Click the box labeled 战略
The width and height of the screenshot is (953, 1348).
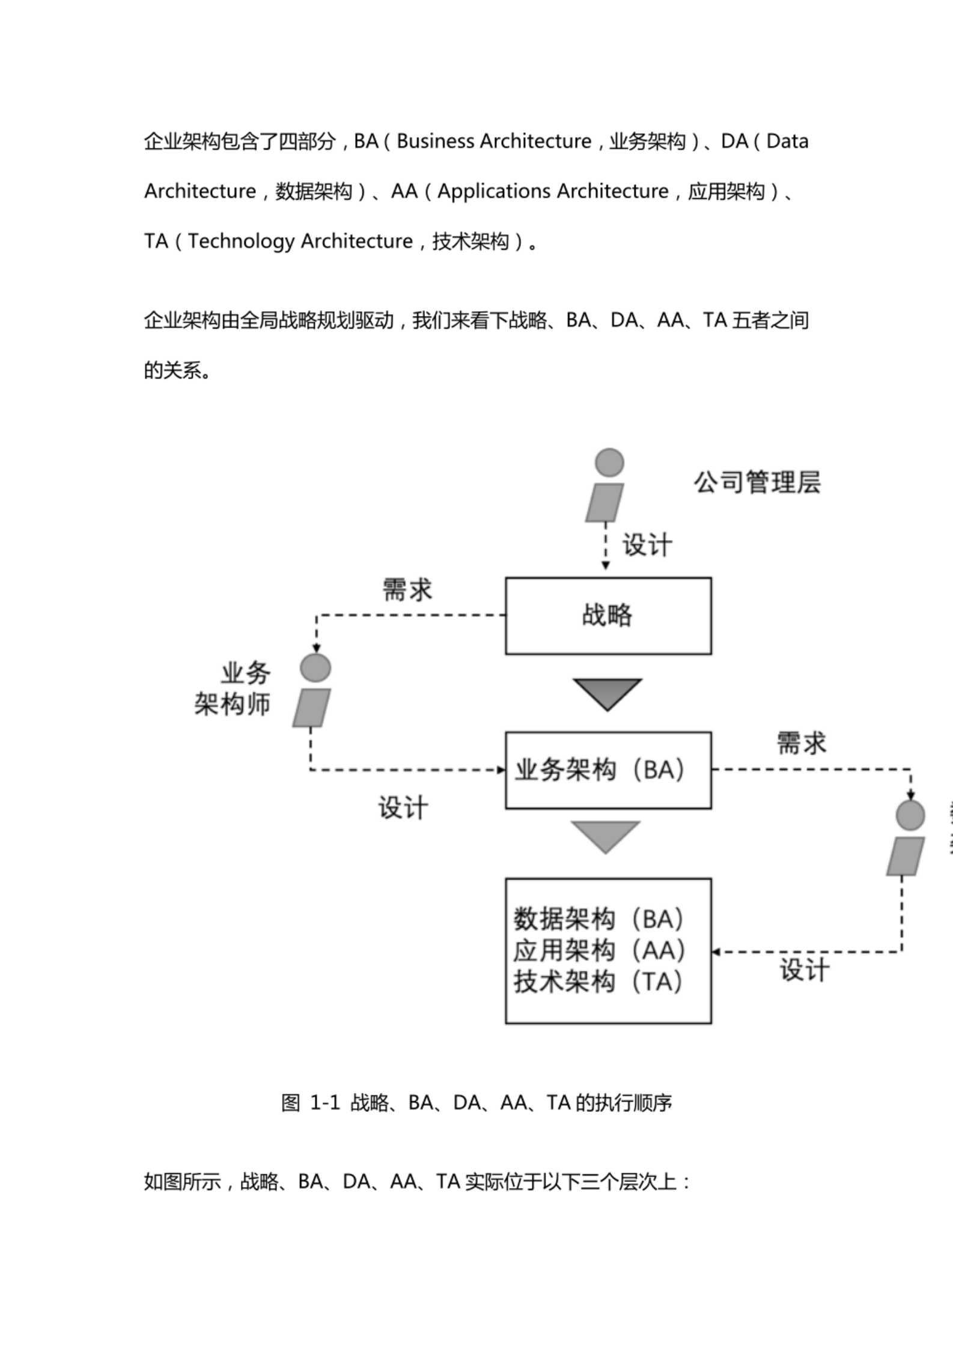(x=607, y=616)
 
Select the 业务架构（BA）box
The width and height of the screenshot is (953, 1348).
(x=607, y=770)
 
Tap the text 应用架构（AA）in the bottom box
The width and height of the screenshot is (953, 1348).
(x=598, y=950)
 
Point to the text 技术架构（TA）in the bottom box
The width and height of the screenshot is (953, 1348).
(x=597, y=982)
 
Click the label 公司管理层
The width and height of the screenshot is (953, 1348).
(x=757, y=482)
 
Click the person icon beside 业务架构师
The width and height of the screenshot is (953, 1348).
(x=313, y=691)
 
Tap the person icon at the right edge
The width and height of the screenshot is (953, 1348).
(x=907, y=838)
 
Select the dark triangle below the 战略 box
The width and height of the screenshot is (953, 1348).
(x=607, y=693)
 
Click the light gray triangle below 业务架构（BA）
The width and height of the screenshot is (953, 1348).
(x=606, y=836)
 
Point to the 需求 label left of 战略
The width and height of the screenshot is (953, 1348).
(x=407, y=590)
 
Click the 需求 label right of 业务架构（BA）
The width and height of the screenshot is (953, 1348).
(x=801, y=743)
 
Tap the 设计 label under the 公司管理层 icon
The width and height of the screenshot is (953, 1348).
(x=647, y=545)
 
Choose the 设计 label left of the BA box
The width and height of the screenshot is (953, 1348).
(x=403, y=807)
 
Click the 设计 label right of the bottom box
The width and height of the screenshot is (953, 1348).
(x=805, y=970)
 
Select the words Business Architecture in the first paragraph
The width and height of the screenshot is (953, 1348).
(x=493, y=142)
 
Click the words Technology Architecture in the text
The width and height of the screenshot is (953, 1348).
(x=300, y=241)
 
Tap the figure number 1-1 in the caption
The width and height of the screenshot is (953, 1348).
(x=324, y=1103)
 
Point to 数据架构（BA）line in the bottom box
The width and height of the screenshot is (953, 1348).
(x=597, y=918)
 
